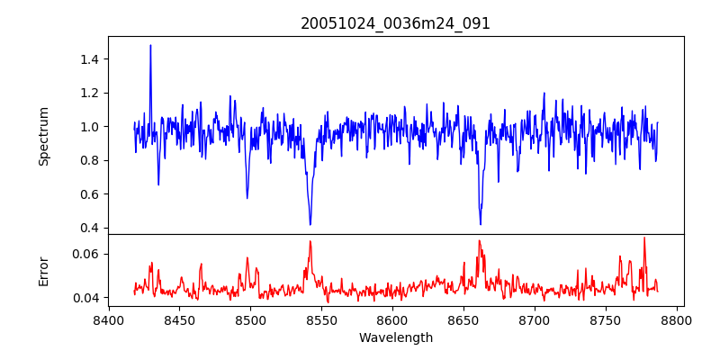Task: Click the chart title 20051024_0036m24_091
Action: point(395,23)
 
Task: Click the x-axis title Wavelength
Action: point(395,338)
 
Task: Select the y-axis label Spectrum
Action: point(43,136)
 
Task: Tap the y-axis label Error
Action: point(43,271)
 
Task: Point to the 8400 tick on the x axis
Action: point(108,319)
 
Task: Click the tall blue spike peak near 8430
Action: point(150,45)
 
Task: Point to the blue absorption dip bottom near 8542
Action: point(310,224)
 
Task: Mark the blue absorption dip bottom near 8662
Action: point(480,224)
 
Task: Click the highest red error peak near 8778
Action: point(644,238)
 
